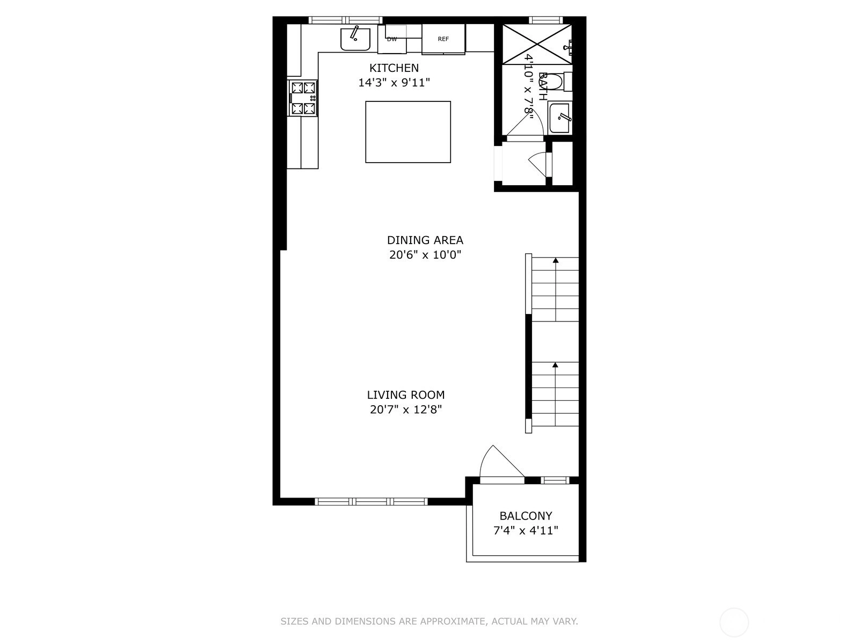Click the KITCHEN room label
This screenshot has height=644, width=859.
pyautogui.click(x=394, y=68)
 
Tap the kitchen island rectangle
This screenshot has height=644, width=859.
pyautogui.click(x=408, y=132)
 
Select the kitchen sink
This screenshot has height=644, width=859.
pyautogui.click(x=355, y=39)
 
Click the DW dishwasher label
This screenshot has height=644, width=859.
pyautogui.click(x=392, y=39)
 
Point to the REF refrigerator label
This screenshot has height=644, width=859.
pyautogui.click(x=443, y=39)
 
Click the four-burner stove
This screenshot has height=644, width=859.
pyautogui.click(x=302, y=98)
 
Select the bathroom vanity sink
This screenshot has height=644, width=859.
pyautogui.click(x=560, y=117)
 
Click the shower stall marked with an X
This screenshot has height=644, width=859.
pyautogui.click(x=537, y=44)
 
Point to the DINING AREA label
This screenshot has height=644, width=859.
pyautogui.click(x=425, y=240)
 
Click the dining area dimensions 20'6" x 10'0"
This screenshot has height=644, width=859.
pyautogui.click(x=425, y=255)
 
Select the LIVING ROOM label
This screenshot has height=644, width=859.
pyautogui.click(x=406, y=395)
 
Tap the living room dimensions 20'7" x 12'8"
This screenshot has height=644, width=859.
pyautogui.click(x=406, y=409)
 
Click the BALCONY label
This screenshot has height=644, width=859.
pyautogui.click(x=526, y=516)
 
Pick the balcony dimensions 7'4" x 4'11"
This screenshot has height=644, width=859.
pyautogui.click(x=526, y=531)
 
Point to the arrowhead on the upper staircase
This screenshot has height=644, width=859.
pyautogui.click(x=555, y=260)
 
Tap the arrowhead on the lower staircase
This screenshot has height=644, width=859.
pyautogui.click(x=555, y=365)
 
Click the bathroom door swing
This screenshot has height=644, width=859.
pyautogui.click(x=540, y=119)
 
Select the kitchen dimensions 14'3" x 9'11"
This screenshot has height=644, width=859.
pyautogui.click(x=394, y=83)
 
